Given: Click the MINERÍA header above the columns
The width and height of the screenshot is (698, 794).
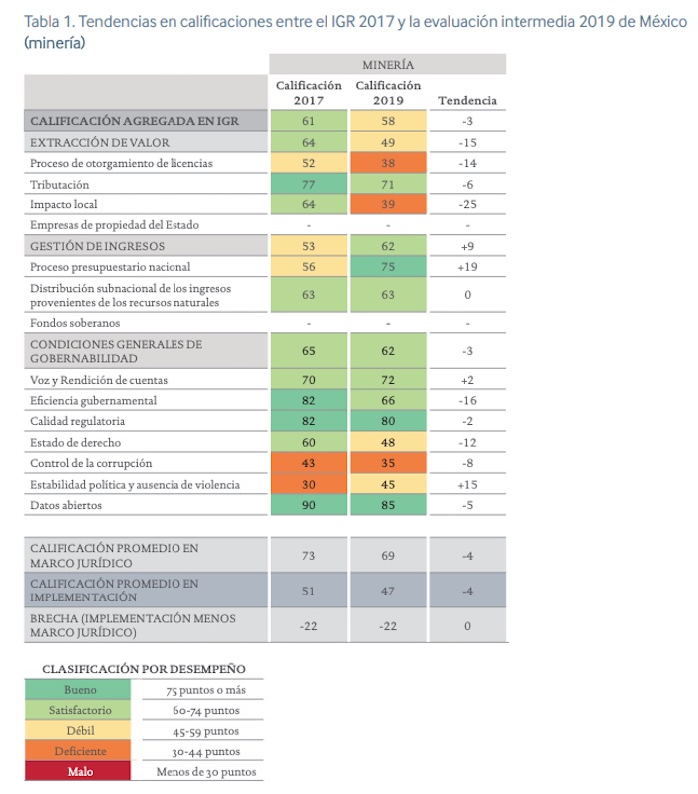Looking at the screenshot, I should point(388,65).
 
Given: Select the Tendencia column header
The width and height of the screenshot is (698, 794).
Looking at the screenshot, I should point(466,100).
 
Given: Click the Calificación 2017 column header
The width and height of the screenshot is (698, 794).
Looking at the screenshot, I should point(309,93).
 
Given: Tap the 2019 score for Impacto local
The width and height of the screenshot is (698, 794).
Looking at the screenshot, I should point(387,204).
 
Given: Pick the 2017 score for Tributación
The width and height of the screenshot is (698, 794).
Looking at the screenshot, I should point(309,184).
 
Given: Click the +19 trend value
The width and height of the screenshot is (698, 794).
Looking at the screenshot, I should point(466,267).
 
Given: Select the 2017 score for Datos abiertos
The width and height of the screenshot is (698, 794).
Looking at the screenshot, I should point(309,505).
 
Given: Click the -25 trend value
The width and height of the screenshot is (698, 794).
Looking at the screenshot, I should point(466,204).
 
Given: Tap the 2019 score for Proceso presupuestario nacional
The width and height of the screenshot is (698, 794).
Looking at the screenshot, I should point(387,267).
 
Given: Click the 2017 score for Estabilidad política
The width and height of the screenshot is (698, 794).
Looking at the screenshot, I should point(309,484).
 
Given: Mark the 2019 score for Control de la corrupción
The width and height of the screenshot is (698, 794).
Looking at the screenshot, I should point(387,463).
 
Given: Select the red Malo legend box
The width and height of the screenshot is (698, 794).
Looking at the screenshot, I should point(80,771).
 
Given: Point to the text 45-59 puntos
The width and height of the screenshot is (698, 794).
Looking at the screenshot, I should point(204,731).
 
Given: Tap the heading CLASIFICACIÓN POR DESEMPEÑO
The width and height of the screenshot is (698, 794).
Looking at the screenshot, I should point(144,668).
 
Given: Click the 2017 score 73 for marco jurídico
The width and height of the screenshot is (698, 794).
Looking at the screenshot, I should point(309,554).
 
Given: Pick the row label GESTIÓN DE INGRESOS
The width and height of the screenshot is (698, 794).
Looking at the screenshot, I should point(98,246).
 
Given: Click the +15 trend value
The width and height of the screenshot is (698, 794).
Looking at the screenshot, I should point(466,484).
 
